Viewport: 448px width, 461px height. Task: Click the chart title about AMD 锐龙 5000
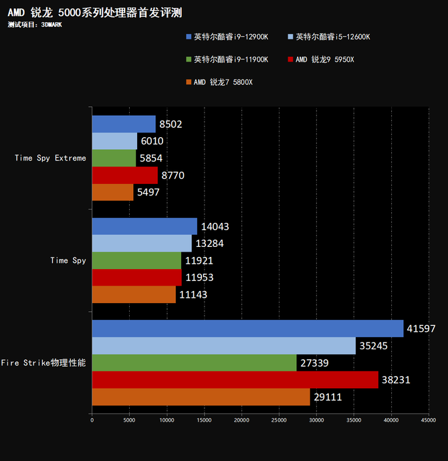point(94,13)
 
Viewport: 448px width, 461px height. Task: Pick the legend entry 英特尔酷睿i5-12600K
point(332,37)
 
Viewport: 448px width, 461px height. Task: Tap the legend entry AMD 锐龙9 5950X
point(324,60)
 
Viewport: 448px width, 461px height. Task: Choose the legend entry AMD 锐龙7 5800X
point(223,82)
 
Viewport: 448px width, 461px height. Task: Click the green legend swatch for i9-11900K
point(189,60)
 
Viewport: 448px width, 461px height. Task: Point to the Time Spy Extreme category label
point(50,159)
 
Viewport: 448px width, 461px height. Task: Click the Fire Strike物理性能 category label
point(43,363)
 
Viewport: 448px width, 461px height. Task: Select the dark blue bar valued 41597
point(247,329)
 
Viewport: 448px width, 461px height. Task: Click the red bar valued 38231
point(235,380)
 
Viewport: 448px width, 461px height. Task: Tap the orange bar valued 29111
point(201,397)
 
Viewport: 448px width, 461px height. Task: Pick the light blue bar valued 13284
point(141,244)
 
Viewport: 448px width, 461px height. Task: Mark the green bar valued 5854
point(114,159)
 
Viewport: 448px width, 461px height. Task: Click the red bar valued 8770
point(124,175)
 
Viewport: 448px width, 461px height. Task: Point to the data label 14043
point(215,227)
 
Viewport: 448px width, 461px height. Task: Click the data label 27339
point(314,363)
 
